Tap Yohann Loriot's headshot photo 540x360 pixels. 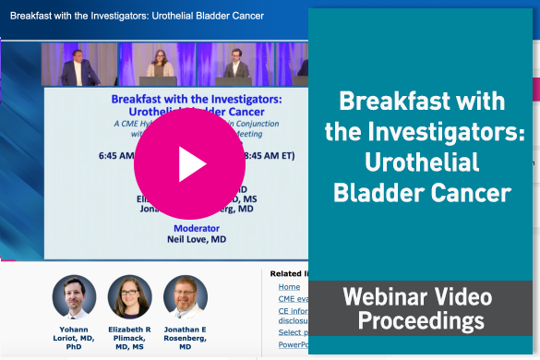(75, 296)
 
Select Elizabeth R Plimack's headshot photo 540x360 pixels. (130, 296)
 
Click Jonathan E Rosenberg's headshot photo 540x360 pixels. (186, 296)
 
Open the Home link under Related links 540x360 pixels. (289, 287)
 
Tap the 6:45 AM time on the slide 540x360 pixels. (116, 155)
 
